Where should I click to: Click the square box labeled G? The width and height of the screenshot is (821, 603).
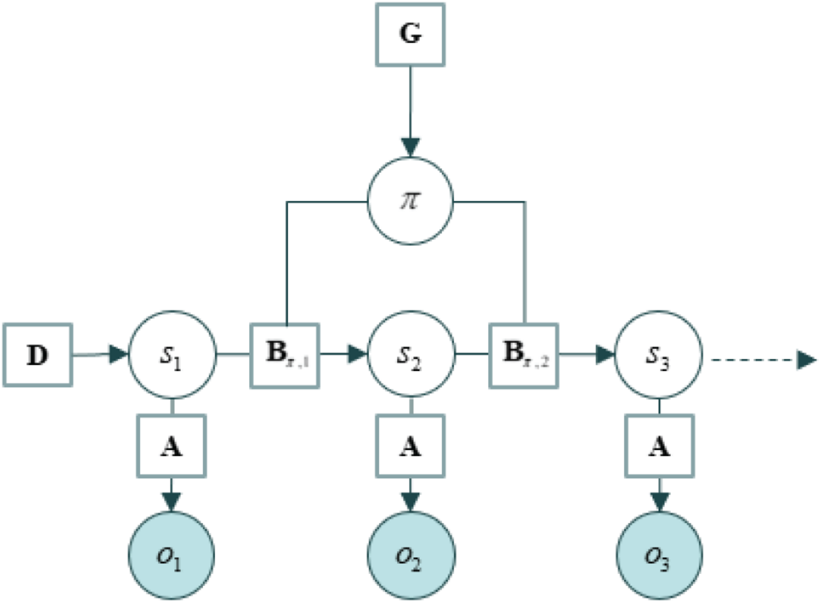410,35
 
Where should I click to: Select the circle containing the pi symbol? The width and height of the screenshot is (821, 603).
410,201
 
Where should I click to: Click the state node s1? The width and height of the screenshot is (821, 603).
172,355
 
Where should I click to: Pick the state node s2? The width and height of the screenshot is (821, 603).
411,355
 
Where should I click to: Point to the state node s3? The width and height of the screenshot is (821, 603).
658,355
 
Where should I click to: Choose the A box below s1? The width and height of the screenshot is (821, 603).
171,446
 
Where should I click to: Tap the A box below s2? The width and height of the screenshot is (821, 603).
410,446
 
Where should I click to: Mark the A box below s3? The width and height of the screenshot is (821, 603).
659,446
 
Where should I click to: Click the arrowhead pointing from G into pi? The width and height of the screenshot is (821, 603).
410,147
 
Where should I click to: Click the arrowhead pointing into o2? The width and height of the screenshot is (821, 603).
410,501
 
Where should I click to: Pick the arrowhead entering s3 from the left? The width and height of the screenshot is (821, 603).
605,355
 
